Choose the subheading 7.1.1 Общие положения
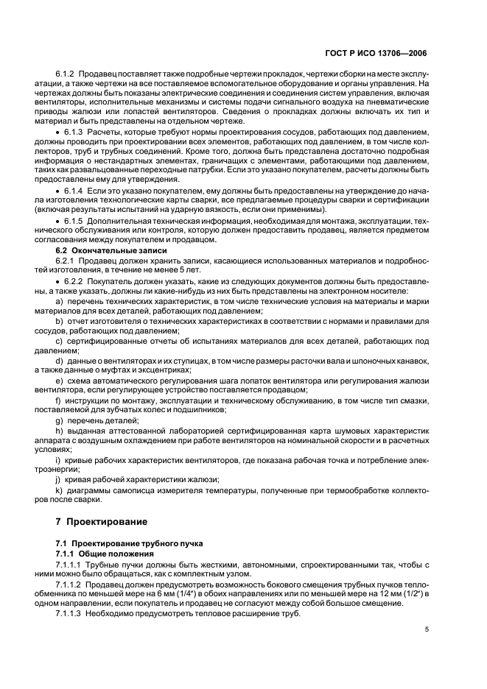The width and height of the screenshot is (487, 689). point(105,553)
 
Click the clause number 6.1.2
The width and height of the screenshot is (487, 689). point(68,75)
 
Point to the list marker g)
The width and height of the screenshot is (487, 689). point(60,419)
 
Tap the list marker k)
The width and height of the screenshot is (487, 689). point(60,488)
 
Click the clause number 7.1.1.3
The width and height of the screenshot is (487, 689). point(71,613)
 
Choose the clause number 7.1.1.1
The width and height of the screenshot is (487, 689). point(71,563)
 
